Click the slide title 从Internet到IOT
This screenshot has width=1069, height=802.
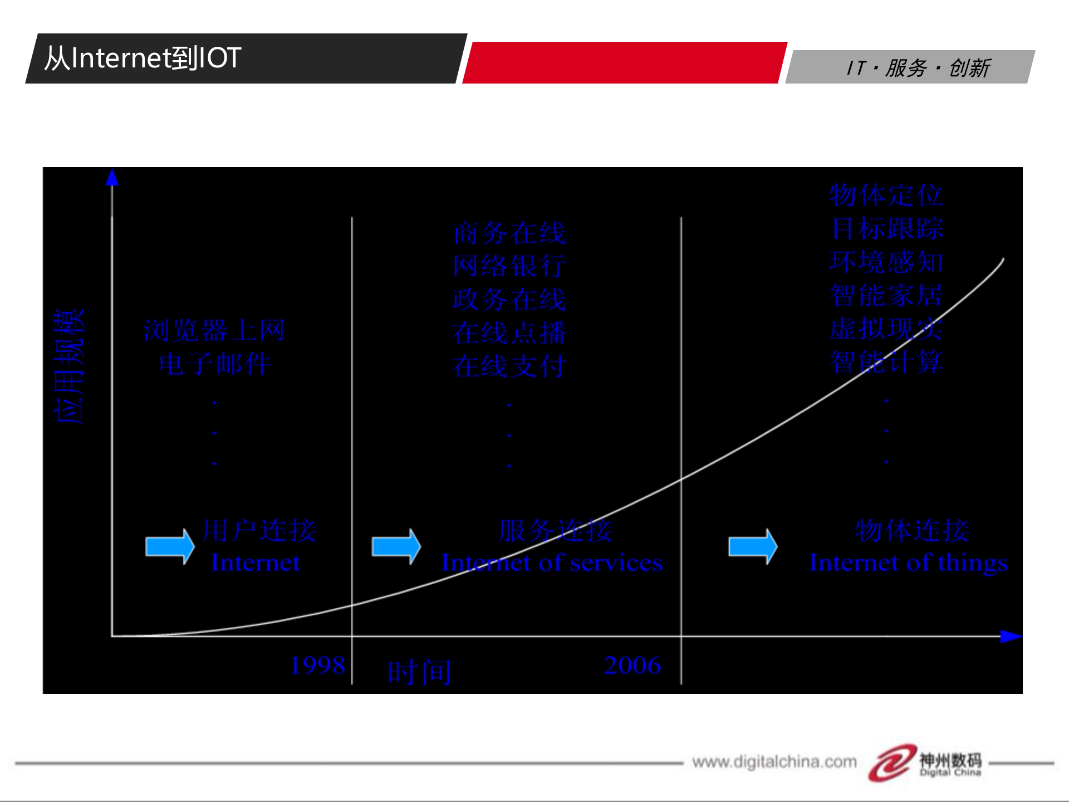tap(143, 58)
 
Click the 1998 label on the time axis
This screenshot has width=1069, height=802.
tap(318, 665)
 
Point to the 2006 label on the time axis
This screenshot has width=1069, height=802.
tap(632, 665)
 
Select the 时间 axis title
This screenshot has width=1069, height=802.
tap(419, 672)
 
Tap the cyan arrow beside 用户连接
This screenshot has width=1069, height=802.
tap(169, 546)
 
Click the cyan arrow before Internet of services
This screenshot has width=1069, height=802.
tap(396, 546)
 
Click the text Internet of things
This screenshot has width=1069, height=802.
tap(909, 563)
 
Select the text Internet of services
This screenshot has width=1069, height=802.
tap(552, 563)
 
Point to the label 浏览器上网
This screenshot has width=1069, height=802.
tap(214, 330)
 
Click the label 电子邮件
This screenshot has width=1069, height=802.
tap(215, 364)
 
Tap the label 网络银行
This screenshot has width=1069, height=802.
tap(509, 266)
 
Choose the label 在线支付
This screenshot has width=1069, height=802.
tap(509, 366)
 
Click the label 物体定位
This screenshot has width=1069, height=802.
tap(886, 195)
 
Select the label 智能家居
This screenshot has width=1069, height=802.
tap(886, 295)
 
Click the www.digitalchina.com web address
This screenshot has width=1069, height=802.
tap(774, 761)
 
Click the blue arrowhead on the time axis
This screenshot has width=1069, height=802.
tap(1010, 636)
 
